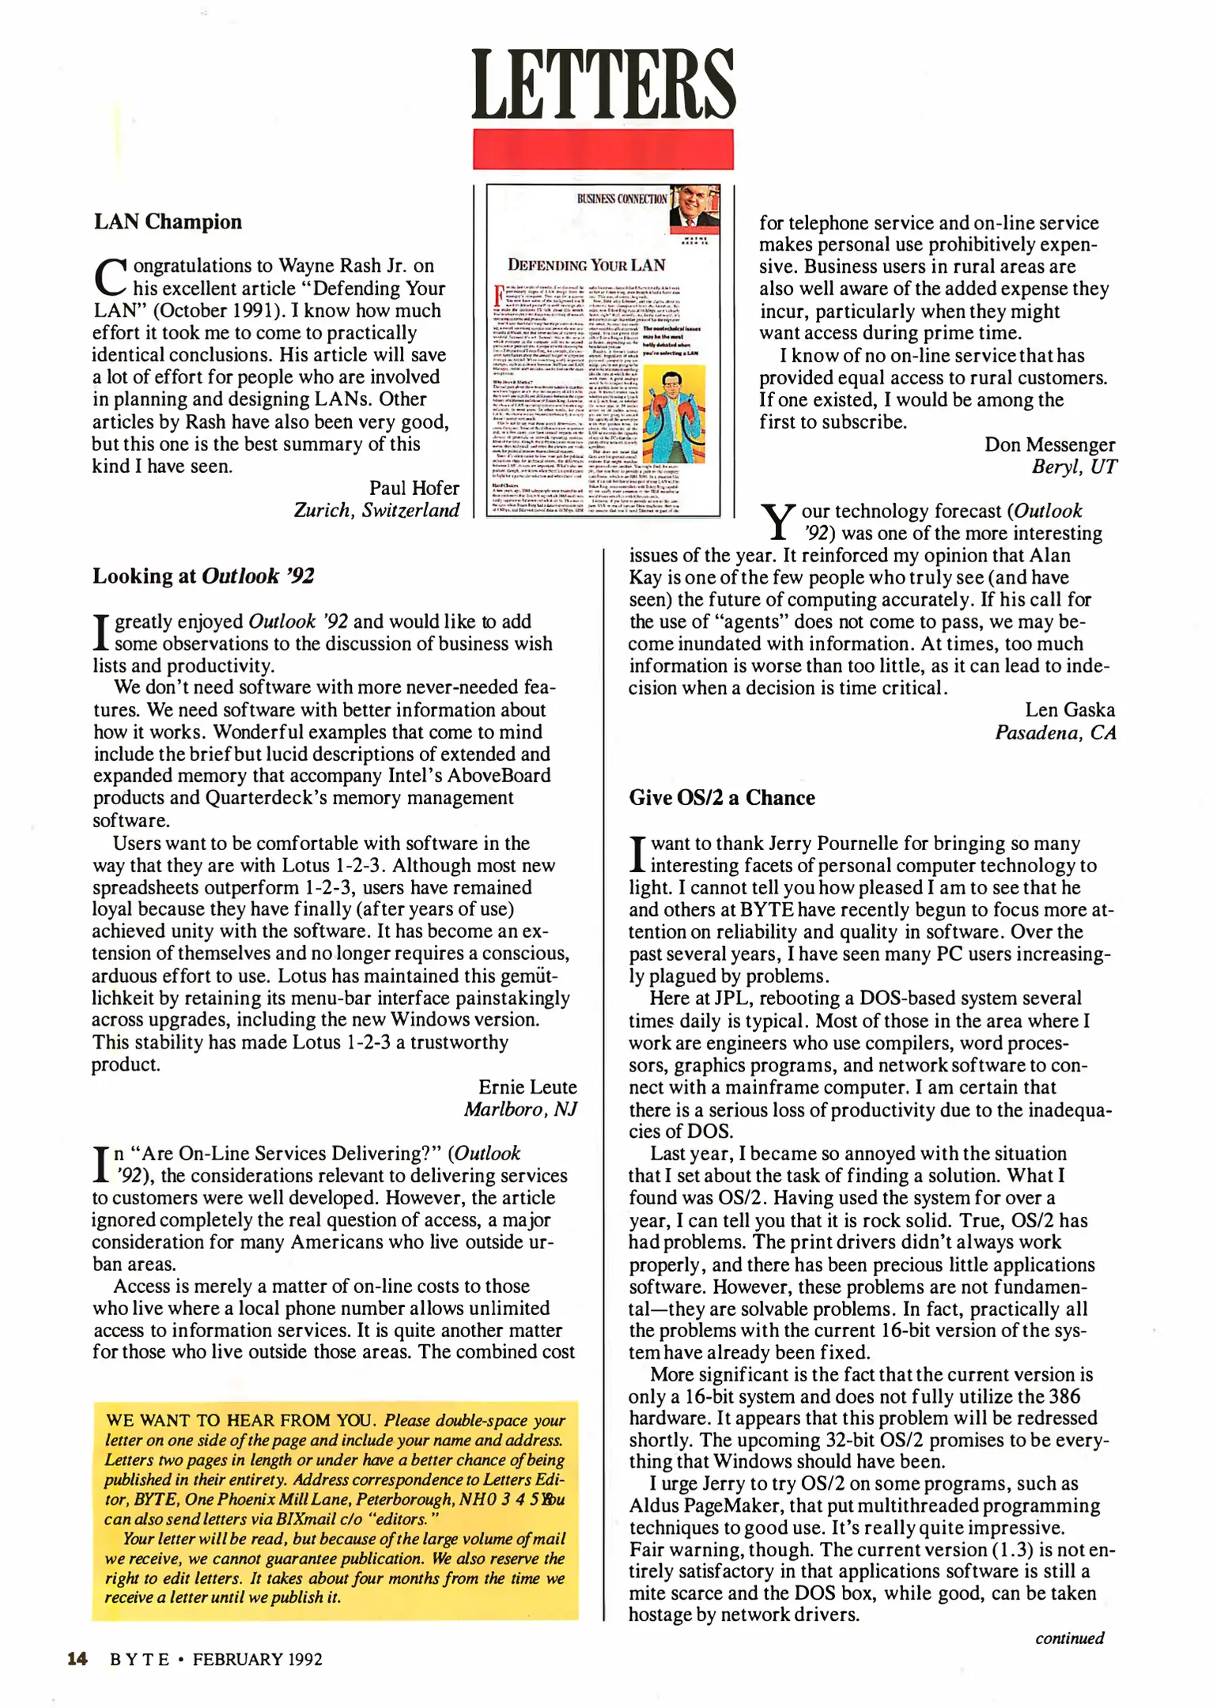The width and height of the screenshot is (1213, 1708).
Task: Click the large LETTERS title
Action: [603, 84]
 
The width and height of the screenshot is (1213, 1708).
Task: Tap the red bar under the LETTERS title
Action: [603, 149]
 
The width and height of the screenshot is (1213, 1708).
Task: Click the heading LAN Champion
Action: [168, 221]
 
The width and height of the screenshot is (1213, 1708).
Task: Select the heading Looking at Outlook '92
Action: [203, 576]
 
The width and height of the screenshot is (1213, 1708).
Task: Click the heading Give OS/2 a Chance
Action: [721, 797]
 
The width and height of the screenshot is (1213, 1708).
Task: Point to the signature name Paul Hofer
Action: [414, 488]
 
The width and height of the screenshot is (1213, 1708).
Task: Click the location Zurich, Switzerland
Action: [376, 510]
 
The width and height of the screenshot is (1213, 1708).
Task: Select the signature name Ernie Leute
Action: [527, 1086]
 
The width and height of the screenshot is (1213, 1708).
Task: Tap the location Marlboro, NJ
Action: [520, 1109]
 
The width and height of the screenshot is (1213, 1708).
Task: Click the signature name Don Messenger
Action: [1049, 444]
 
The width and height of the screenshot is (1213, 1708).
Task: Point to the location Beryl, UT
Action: [1074, 467]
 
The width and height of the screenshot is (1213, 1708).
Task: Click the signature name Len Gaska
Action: [1070, 709]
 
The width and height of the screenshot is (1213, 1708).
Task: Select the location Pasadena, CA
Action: [1055, 732]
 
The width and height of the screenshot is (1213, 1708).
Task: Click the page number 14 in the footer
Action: [77, 1659]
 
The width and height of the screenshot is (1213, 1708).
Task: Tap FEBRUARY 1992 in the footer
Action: [257, 1659]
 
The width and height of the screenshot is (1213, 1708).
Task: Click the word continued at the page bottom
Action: [1069, 1638]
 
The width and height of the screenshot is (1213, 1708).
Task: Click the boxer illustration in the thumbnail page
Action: [674, 416]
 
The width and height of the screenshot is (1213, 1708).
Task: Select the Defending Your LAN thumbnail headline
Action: [586, 265]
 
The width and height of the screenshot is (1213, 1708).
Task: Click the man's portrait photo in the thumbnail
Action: [693, 208]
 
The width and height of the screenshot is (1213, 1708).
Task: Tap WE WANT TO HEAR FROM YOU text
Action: [240, 1420]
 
